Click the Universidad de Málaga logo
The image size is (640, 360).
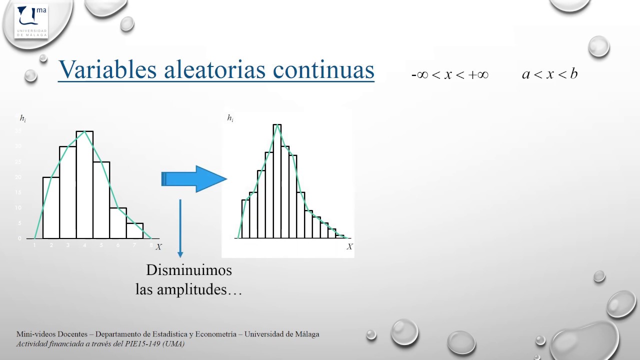tap(31, 21)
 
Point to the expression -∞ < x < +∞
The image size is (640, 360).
tap(449, 74)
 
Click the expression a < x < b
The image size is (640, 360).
tap(549, 74)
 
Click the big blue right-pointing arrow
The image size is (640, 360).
tap(194, 179)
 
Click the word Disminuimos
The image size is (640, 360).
tap(189, 270)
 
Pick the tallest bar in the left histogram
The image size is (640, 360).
tap(84, 185)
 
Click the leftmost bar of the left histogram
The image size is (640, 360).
tap(51, 207)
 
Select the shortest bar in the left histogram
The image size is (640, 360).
tap(135, 230)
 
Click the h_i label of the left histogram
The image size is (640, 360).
tap(23, 118)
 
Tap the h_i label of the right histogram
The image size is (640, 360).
tap(230, 118)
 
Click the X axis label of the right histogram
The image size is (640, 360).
tap(349, 246)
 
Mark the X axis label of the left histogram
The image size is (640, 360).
tap(158, 246)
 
